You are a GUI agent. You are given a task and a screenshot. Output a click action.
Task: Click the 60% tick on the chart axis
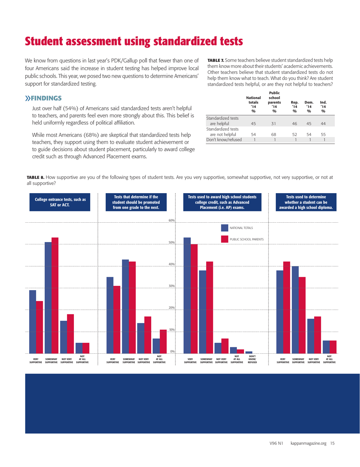[x=171, y=220]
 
